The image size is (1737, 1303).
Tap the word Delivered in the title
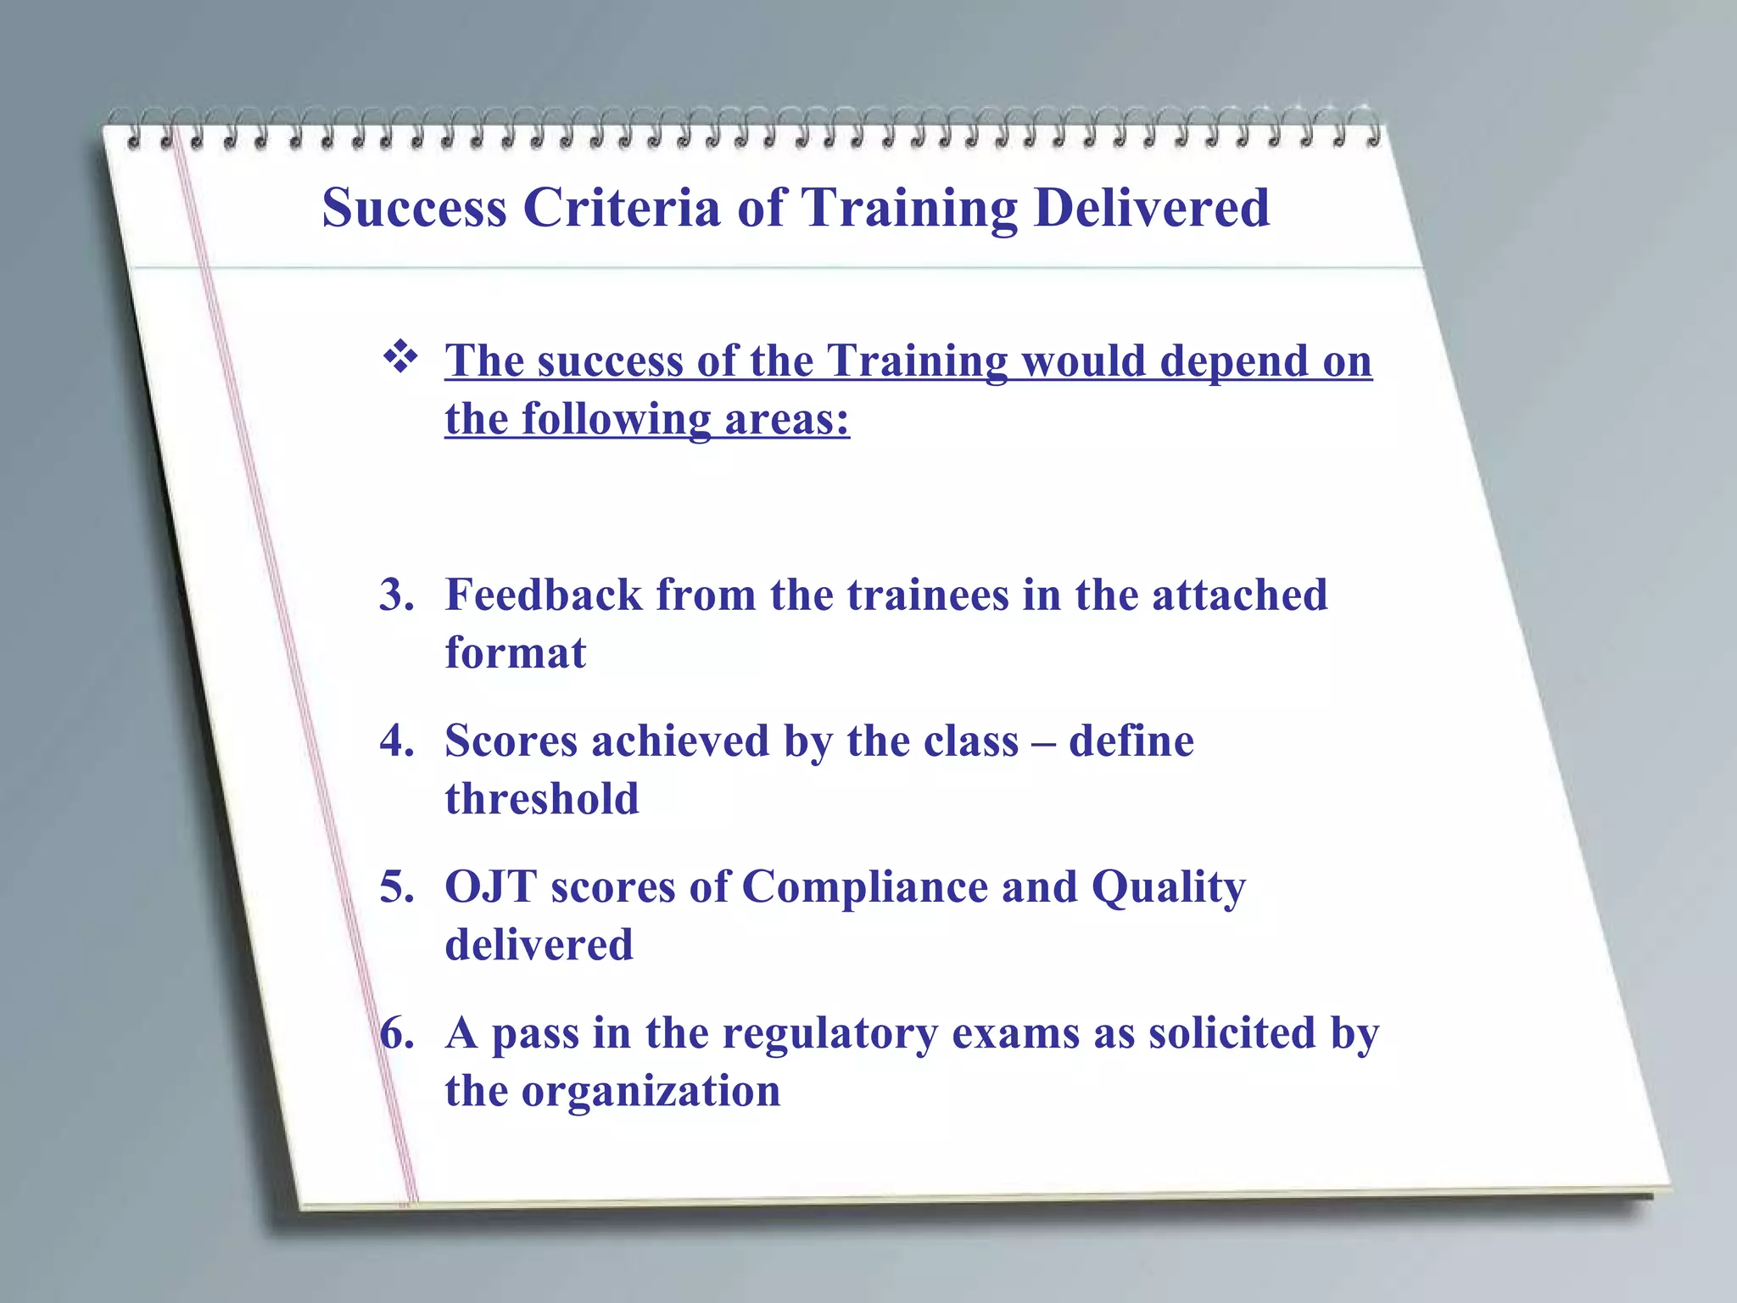[1152, 208]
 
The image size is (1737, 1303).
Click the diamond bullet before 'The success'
[400, 357]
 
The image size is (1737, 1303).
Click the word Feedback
[544, 595]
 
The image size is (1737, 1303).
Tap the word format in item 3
[516, 653]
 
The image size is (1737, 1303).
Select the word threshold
[542, 799]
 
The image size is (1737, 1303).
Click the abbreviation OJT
[491, 886]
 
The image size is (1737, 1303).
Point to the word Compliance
[865, 886]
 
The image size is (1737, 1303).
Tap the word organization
[651, 1092]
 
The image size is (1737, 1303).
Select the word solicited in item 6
[1232, 1033]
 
